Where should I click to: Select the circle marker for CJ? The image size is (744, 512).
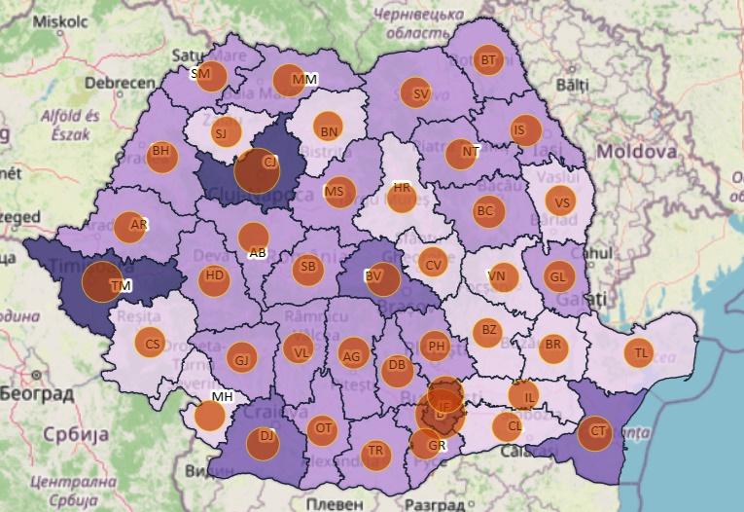258,170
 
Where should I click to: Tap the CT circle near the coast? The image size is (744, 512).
594,432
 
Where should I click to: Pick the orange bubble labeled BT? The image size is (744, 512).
489,60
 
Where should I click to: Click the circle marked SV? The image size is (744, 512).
415,93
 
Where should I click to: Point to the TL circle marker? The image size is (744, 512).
638,352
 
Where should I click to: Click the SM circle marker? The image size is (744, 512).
211,75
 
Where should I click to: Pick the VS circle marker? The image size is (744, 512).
559,201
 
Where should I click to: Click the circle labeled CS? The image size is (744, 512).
150,344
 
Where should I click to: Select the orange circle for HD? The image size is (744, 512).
214,279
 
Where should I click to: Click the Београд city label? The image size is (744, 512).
36,394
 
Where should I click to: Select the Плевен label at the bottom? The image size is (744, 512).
336,504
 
